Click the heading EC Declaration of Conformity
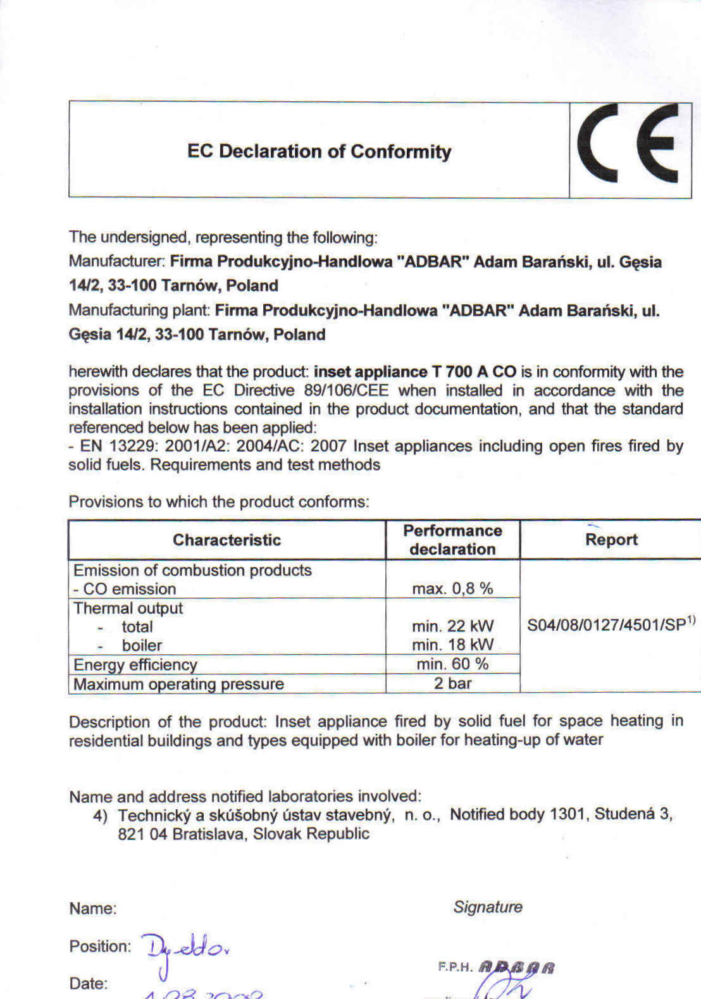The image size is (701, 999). (x=319, y=152)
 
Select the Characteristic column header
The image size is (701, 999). (x=226, y=540)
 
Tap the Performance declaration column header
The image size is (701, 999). (x=452, y=540)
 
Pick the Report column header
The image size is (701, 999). (x=611, y=540)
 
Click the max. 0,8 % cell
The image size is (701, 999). (x=452, y=588)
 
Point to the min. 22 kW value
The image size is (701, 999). (x=452, y=626)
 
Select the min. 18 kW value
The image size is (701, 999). (x=452, y=645)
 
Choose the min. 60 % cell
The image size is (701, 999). (x=452, y=664)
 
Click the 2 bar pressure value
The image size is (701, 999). (x=452, y=683)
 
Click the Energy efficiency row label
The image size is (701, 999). (x=135, y=664)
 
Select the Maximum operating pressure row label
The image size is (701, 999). (x=178, y=684)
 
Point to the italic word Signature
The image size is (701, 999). (x=488, y=907)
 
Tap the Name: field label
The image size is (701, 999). (x=93, y=909)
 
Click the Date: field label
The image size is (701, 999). (x=88, y=983)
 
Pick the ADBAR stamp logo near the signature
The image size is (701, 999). (x=516, y=967)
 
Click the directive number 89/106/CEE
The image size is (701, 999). (x=346, y=390)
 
